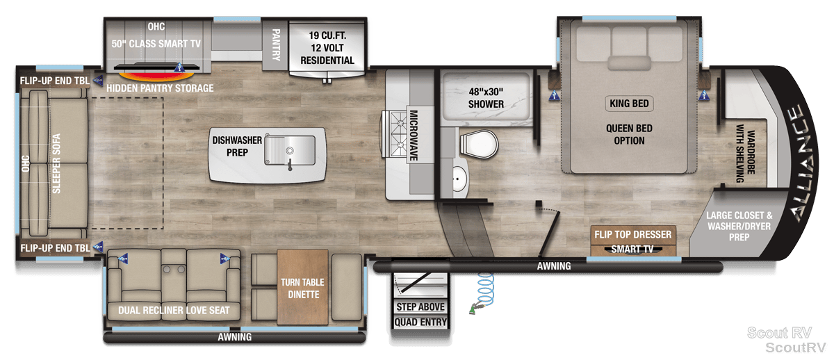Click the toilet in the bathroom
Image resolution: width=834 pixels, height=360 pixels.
point(479,144)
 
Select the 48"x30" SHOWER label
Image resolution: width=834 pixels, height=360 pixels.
point(486,98)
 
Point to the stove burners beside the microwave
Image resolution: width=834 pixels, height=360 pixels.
point(398,134)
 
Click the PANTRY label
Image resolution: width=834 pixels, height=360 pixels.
point(276,44)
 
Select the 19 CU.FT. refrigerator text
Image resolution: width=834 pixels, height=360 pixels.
point(327,35)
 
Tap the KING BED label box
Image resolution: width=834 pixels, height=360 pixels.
point(629,103)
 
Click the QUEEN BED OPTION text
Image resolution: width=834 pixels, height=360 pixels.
point(629,134)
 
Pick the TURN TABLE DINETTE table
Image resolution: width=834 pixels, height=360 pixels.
point(303,287)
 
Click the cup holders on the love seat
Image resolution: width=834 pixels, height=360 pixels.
point(174,269)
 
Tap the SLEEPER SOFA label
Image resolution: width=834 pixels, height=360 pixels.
point(56,163)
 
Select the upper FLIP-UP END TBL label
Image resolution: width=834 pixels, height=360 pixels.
point(55,81)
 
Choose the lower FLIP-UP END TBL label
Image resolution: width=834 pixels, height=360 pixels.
point(55,248)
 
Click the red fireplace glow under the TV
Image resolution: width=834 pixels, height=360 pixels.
point(156,76)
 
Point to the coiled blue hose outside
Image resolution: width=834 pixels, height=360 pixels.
point(484,293)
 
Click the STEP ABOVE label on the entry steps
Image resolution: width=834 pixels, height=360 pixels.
point(420,306)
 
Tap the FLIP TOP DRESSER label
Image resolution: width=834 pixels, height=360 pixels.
point(633,234)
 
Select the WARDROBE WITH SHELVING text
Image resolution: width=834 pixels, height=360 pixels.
point(745,153)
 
